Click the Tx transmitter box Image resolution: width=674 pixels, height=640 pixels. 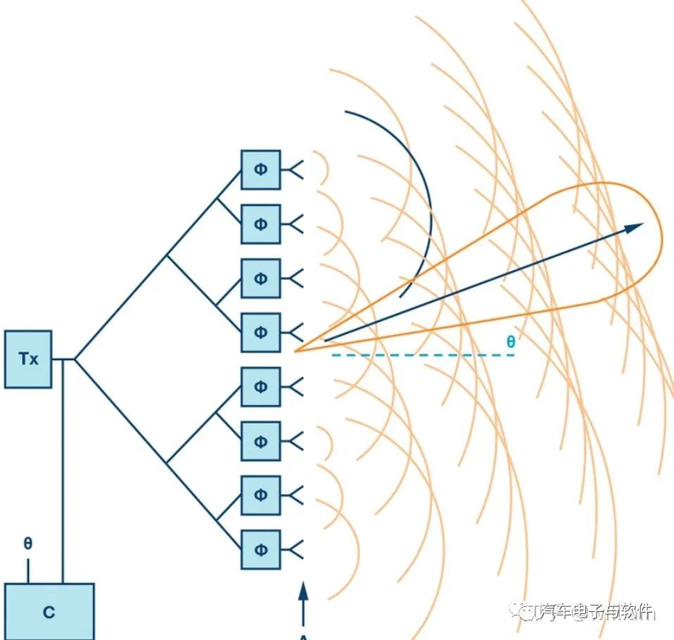[x=28, y=359]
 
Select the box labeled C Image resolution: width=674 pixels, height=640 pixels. [x=49, y=611]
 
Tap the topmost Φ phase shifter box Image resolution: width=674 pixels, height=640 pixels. [x=261, y=169]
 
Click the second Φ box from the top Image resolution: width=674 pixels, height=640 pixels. [x=261, y=224]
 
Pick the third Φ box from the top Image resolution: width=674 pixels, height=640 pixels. [x=261, y=278]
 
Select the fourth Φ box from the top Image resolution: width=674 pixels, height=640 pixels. [x=261, y=332]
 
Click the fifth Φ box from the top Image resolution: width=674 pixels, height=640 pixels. [x=261, y=387]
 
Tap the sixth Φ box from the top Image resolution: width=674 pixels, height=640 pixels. [x=261, y=441]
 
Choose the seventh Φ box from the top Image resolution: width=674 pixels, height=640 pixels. [x=261, y=495]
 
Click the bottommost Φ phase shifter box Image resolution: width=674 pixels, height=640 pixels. [x=261, y=549]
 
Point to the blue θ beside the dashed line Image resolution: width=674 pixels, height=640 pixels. [x=511, y=343]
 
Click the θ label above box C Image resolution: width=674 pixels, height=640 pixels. [x=27, y=544]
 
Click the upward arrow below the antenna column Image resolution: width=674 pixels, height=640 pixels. [x=303, y=594]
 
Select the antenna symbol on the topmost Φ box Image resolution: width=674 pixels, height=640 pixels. [x=295, y=169]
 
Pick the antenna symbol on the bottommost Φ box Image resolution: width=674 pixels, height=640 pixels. [x=295, y=549]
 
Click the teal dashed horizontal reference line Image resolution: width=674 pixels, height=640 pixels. [x=422, y=355]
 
